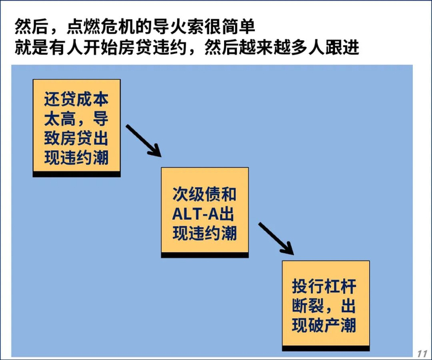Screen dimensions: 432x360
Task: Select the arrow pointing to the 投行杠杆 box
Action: click(x=275, y=238)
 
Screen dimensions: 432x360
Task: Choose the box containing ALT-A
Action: click(x=205, y=213)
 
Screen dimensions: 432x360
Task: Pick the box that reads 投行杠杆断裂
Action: click(x=326, y=304)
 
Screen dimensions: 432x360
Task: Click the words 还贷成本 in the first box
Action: click(x=76, y=99)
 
